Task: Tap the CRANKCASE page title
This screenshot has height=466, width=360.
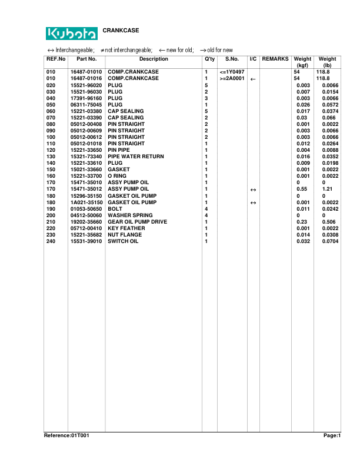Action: tap(121, 29)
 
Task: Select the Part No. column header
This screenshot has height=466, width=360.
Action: tap(86, 59)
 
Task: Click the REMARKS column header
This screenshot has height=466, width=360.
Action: tap(275, 59)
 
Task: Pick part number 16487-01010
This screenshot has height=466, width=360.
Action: tap(86, 72)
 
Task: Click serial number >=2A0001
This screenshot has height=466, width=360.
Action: tap(232, 78)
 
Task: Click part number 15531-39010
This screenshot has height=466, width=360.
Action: tap(86, 241)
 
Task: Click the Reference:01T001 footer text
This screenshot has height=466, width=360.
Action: tap(66, 435)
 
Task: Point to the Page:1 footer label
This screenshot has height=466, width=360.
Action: tap(332, 435)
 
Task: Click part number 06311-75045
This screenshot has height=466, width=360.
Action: tap(86, 105)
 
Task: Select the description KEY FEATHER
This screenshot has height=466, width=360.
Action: tap(126, 228)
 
